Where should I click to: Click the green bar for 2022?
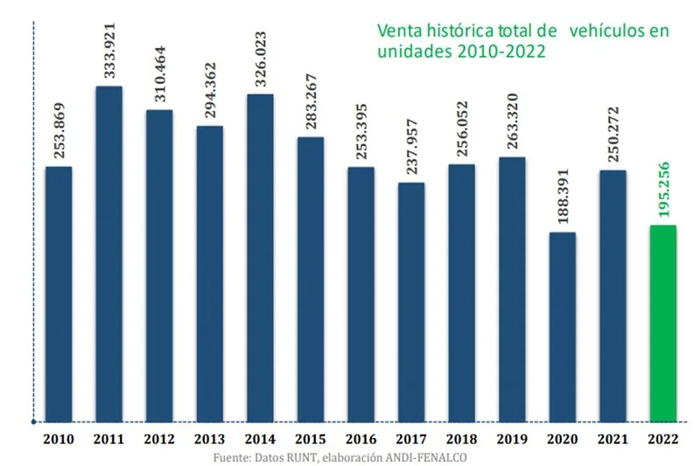coord(662,323)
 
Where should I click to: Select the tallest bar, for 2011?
coord(108,254)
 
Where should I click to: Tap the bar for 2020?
coord(562,327)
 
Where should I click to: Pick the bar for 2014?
coord(260,258)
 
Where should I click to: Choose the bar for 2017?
coord(410,302)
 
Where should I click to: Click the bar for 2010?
coord(58,294)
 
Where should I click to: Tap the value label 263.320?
coord(513,122)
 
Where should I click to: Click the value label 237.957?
coord(411,148)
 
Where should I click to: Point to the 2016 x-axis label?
coord(360,438)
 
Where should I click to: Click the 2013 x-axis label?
coord(209,438)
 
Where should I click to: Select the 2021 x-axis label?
coord(612,438)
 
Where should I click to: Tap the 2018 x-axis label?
coord(461,438)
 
